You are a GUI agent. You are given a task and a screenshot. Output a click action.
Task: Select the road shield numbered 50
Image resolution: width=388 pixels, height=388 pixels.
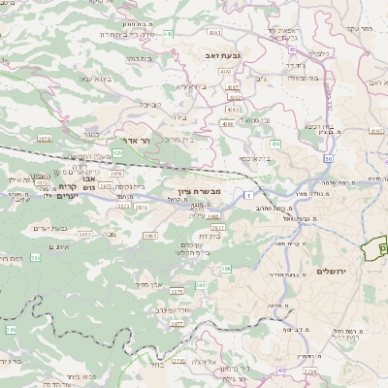(329, 158)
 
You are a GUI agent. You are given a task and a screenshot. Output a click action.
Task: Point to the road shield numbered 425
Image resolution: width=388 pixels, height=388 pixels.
(117, 152)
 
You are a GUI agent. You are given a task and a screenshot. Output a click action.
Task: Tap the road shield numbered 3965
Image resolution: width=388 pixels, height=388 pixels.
(150, 235)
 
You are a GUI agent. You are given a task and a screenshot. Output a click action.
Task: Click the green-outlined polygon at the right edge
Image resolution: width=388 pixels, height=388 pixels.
(374, 248)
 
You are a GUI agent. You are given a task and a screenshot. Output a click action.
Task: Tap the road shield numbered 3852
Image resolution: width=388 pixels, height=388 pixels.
(85, 234)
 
